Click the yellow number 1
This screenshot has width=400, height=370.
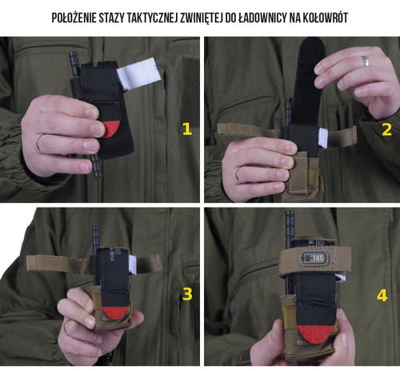pyautogui.click(x=187, y=129)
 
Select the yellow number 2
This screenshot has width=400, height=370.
pyautogui.click(x=386, y=129)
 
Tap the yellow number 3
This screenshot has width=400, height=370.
pyautogui.click(x=187, y=294)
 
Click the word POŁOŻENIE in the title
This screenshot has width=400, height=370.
pyautogui.click(x=82, y=17)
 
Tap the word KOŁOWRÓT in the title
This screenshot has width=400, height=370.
pyautogui.click(x=321, y=17)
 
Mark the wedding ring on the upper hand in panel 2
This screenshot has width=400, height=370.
pyautogui.click(x=365, y=61)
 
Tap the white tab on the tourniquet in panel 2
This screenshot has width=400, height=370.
pyautogui.click(x=321, y=137)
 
